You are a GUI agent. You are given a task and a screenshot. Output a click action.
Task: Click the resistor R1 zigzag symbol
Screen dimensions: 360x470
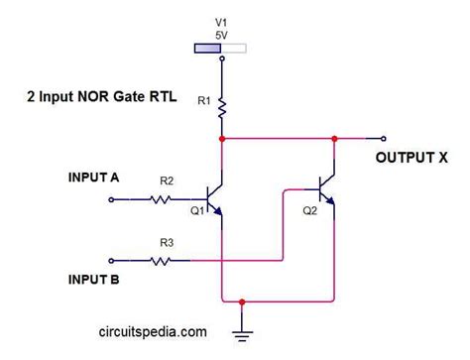(x=221, y=106)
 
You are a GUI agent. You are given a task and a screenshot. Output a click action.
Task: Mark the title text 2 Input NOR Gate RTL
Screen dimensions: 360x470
(x=100, y=99)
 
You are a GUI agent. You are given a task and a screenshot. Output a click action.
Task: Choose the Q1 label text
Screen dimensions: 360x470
(x=196, y=210)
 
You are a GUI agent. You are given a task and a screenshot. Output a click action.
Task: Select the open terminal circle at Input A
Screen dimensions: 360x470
(x=111, y=199)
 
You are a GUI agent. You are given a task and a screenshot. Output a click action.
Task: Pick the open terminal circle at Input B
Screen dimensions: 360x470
(x=111, y=261)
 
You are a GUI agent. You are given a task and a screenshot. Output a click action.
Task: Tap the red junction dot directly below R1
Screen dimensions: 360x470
(x=221, y=139)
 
